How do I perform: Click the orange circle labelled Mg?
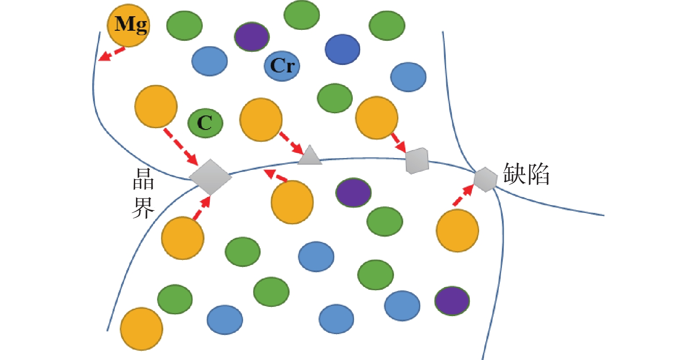coord(129,25)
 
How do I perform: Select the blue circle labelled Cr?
coord(282,66)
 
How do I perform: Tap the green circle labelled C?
coord(205,123)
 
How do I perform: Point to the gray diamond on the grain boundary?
coord(210,176)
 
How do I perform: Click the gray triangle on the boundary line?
coord(310,156)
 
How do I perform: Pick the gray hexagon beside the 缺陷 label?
coord(485,180)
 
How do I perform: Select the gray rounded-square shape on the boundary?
coord(416,161)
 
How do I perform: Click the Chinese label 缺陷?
coord(526,174)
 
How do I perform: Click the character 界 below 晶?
coord(143,207)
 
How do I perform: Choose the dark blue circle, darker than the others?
coord(343,49)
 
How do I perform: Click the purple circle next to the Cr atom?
coord(252,37)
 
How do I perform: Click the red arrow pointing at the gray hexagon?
coord(463,195)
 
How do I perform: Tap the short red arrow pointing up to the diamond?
coord(201,208)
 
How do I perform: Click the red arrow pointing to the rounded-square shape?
coord(398,142)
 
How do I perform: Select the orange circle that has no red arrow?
coord(141,329)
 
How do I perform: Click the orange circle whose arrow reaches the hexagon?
coord(457,230)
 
